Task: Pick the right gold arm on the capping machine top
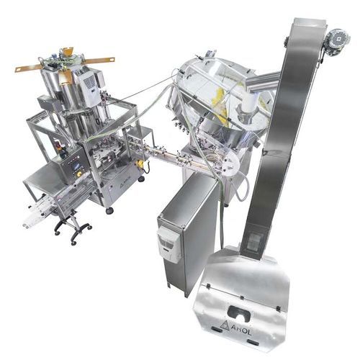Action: coord(101,58)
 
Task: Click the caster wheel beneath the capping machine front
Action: coord(109,210)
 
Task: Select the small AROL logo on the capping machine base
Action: coord(123,184)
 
